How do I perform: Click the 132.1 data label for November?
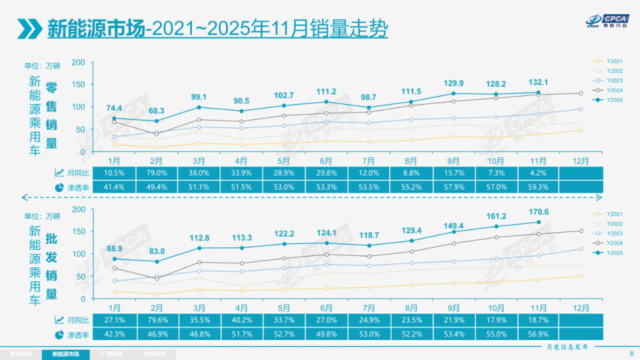click(538, 82)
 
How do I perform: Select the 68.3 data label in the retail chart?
click(157, 110)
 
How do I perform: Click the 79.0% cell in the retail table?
click(157, 173)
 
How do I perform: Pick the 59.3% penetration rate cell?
click(538, 187)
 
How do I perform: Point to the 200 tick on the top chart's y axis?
click(79, 62)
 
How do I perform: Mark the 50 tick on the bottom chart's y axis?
click(81, 276)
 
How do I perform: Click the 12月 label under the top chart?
click(581, 161)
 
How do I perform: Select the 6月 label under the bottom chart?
click(326, 307)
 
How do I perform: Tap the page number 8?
click(631, 353)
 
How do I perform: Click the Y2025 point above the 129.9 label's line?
click(453, 93)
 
